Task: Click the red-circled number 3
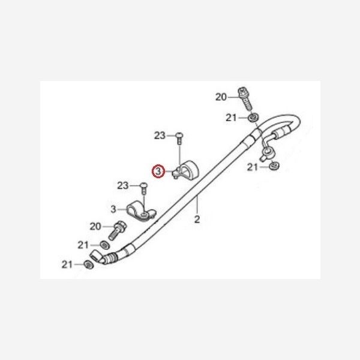(158, 172)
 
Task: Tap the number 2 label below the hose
(196, 220)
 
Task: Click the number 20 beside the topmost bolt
(221, 97)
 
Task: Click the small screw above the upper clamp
(179, 137)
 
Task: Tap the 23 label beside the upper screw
(160, 136)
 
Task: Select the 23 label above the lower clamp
(123, 185)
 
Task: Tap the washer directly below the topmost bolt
(253, 117)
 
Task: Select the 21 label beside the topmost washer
(232, 118)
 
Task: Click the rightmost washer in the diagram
(274, 166)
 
